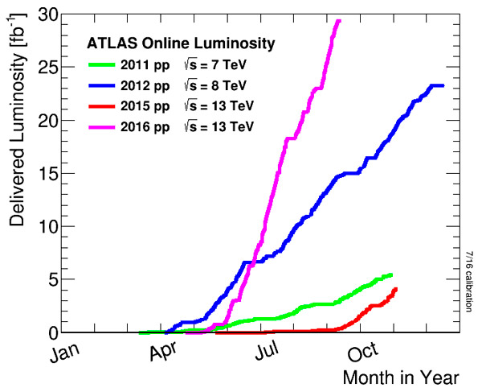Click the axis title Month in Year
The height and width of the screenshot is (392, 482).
[401, 377]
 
